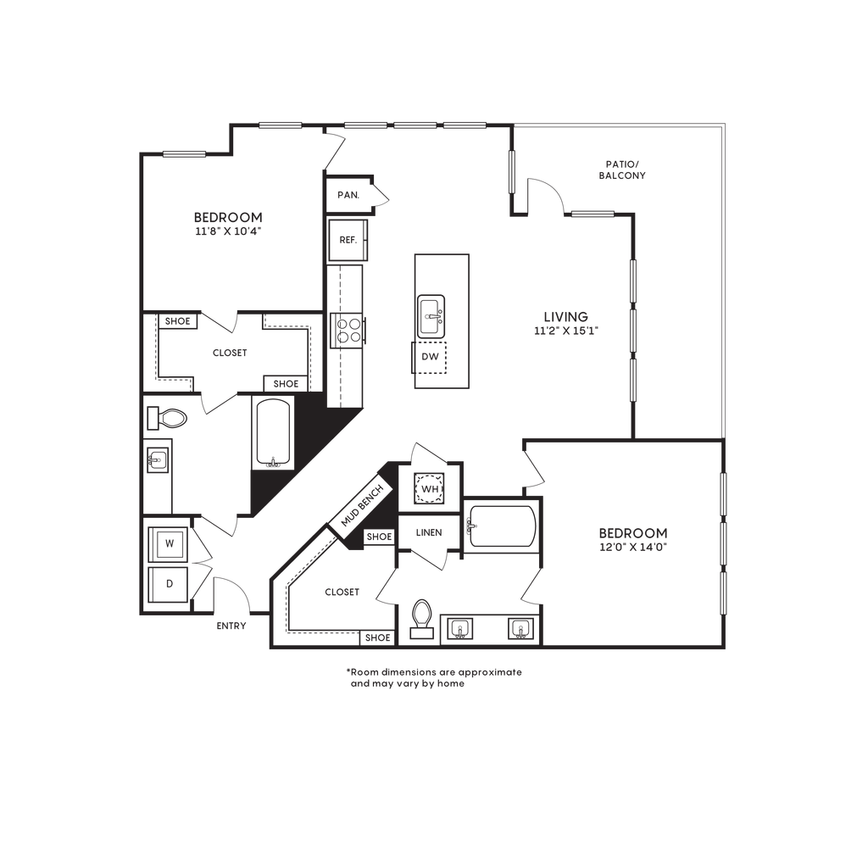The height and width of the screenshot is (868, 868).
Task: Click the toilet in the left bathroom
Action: [x=171, y=417]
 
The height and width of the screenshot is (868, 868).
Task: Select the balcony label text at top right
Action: [x=622, y=170]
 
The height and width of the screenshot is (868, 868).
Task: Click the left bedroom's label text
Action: [x=229, y=222]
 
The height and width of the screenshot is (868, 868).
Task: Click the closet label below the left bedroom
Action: [x=230, y=353]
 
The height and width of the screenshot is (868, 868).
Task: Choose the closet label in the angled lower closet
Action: [x=339, y=593]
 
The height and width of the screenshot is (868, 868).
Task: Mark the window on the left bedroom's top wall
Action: [x=184, y=154]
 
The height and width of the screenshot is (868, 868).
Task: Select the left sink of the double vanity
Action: [x=459, y=629]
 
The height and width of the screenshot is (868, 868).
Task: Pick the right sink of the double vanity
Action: [x=520, y=629]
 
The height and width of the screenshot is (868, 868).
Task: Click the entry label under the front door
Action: [x=231, y=626]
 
